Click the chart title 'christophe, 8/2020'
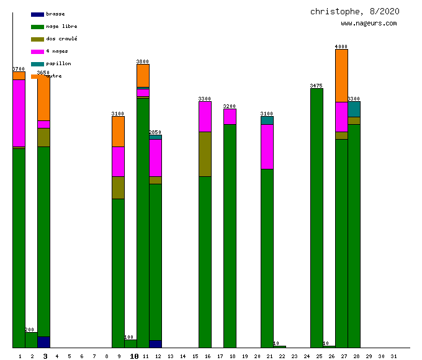click(x=354, y=11)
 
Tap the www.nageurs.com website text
click(x=369, y=24)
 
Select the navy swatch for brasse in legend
click(x=37, y=14)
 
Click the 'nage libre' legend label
click(x=61, y=26)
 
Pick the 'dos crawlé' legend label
click(x=61, y=38)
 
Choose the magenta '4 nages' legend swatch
click(x=37, y=51)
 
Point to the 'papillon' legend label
click(x=58, y=63)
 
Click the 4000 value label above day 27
click(x=341, y=47)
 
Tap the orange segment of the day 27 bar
click(x=341, y=75)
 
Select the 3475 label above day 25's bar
click(x=316, y=86)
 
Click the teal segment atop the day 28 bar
click(x=354, y=109)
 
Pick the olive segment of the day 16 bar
click(x=205, y=154)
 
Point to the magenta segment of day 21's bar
click(x=267, y=146)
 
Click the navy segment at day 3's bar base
click(x=43, y=342)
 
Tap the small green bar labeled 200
click(x=31, y=340)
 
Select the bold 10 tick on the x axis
click(x=134, y=356)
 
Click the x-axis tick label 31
click(x=393, y=356)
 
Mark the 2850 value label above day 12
click(x=155, y=132)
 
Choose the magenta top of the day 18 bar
click(x=230, y=116)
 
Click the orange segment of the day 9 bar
click(x=118, y=131)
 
